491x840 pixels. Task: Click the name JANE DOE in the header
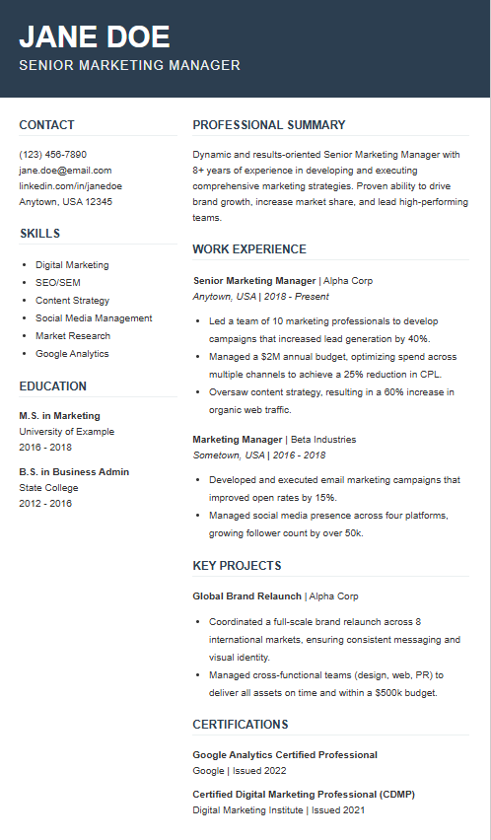tap(95, 36)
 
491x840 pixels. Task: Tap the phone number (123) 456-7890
tap(53, 154)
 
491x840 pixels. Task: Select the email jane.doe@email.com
tap(65, 170)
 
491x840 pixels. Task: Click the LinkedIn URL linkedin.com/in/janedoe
tap(71, 185)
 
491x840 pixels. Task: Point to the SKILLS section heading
tap(39, 234)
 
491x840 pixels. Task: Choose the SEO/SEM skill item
tap(58, 282)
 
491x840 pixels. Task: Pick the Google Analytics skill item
tap(72, 353)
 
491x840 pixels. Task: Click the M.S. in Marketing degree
tap(60, 415)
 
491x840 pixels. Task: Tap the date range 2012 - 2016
tap(45, 503)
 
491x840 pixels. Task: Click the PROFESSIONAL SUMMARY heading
tap(269, 125)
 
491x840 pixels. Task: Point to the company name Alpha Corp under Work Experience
tap(349, 280)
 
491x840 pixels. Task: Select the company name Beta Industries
tap(323, 439)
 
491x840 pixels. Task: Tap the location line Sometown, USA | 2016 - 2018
tap(259, 455)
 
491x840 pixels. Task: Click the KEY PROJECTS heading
tap(238, 566)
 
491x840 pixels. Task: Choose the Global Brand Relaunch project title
tap(247, 596)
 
